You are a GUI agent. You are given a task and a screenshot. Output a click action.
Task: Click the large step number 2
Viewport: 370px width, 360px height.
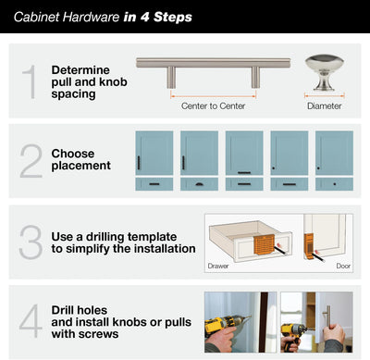pos(31,160)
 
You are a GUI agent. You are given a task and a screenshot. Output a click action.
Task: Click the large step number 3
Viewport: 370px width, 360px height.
pos(31,241)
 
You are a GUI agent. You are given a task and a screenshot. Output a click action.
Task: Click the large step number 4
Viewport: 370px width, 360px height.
pos(31,320)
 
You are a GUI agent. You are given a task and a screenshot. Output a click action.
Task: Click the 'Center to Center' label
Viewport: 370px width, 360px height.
pos(213,106)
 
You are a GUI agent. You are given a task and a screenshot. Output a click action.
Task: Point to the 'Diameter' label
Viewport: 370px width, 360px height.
pos(324,106)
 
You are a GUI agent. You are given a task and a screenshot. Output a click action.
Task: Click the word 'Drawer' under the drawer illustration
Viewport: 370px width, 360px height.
pos(218,267)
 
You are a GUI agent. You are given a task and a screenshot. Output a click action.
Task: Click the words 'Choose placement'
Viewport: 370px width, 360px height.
pos(81,159)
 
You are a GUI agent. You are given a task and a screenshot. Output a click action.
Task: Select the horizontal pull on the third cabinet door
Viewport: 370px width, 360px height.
pos(244,172)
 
